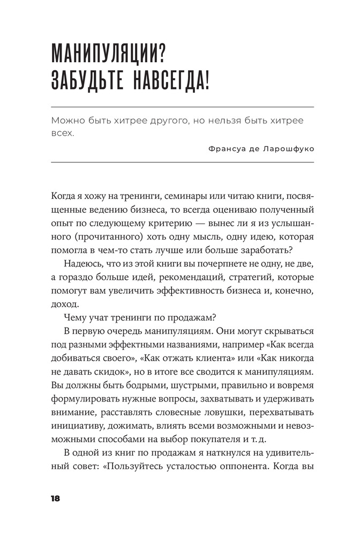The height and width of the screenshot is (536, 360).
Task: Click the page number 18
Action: point(55,498)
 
